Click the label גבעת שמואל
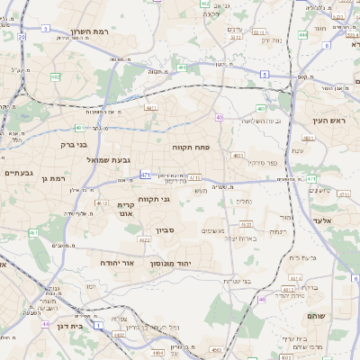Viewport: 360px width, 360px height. pos(85,159)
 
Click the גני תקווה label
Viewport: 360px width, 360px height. pos(154,200)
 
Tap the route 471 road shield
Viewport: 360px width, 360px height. pos(146,174)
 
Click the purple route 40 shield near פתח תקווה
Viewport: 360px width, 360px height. pos(219,117)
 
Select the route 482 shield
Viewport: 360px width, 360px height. pos(56,77)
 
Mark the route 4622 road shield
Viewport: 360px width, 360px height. pos(145,240)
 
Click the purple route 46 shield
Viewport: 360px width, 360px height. pos(262,299)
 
